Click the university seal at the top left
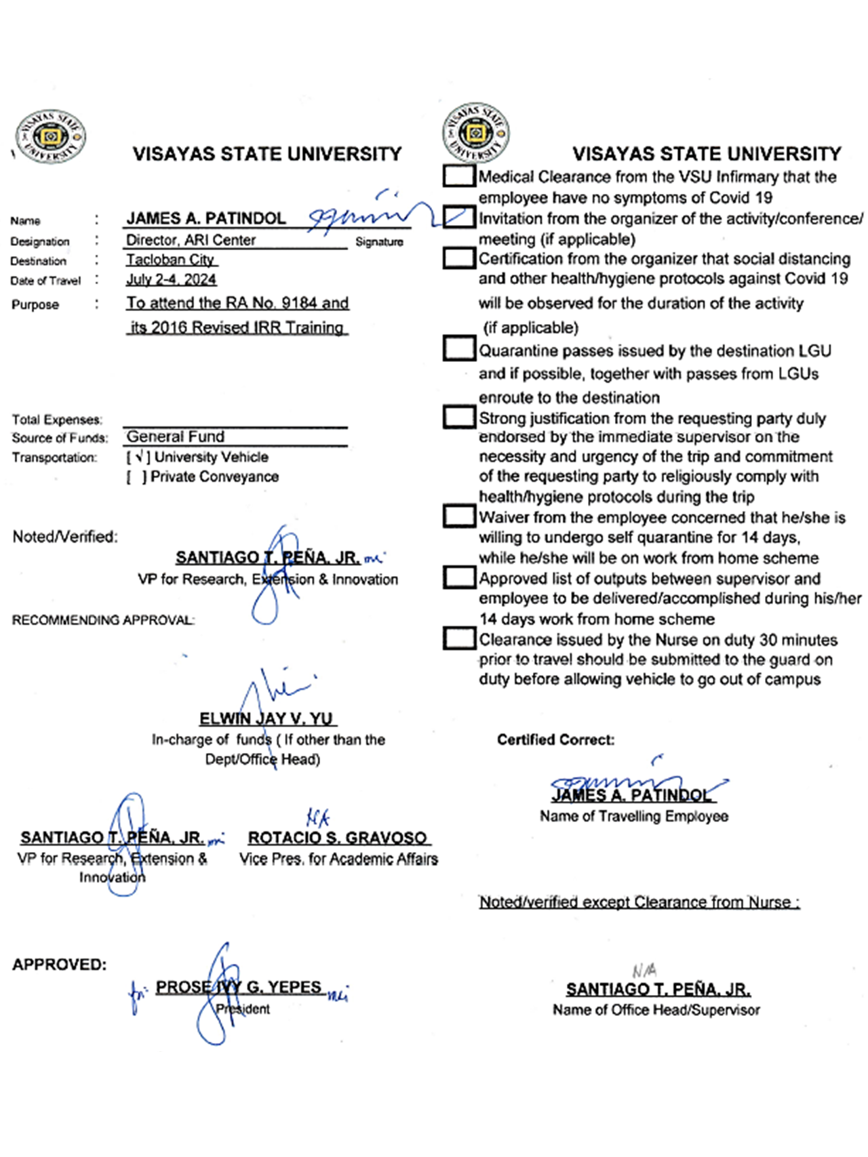click(x=50, y=136)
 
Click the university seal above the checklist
click(x=476, y=133)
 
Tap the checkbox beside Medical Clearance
click(x=459, y=176)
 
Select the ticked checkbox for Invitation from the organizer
click(x=459, y=217)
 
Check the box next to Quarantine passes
click(x=459, y=349)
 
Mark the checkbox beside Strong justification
click(x=459, y=417)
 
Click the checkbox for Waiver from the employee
click(x=459, y=516)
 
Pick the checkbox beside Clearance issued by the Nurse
click(x=459, y=638)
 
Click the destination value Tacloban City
click(x=170, y=260)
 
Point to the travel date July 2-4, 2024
click(x=171, y=279)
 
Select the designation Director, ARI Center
click(x=191, y=240)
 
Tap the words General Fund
click(x=176, y=437)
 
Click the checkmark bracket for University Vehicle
click(x=138, y=458)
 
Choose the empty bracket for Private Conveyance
click(x=136, y=477)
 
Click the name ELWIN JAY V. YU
click(x=267, y=718)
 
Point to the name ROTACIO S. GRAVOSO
click(x=337, y=838)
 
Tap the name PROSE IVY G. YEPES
click(x=238, y=987)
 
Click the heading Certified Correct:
click(x=555, y=739)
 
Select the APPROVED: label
click(x=59, y=965)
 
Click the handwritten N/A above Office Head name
click(x=644, y=971)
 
